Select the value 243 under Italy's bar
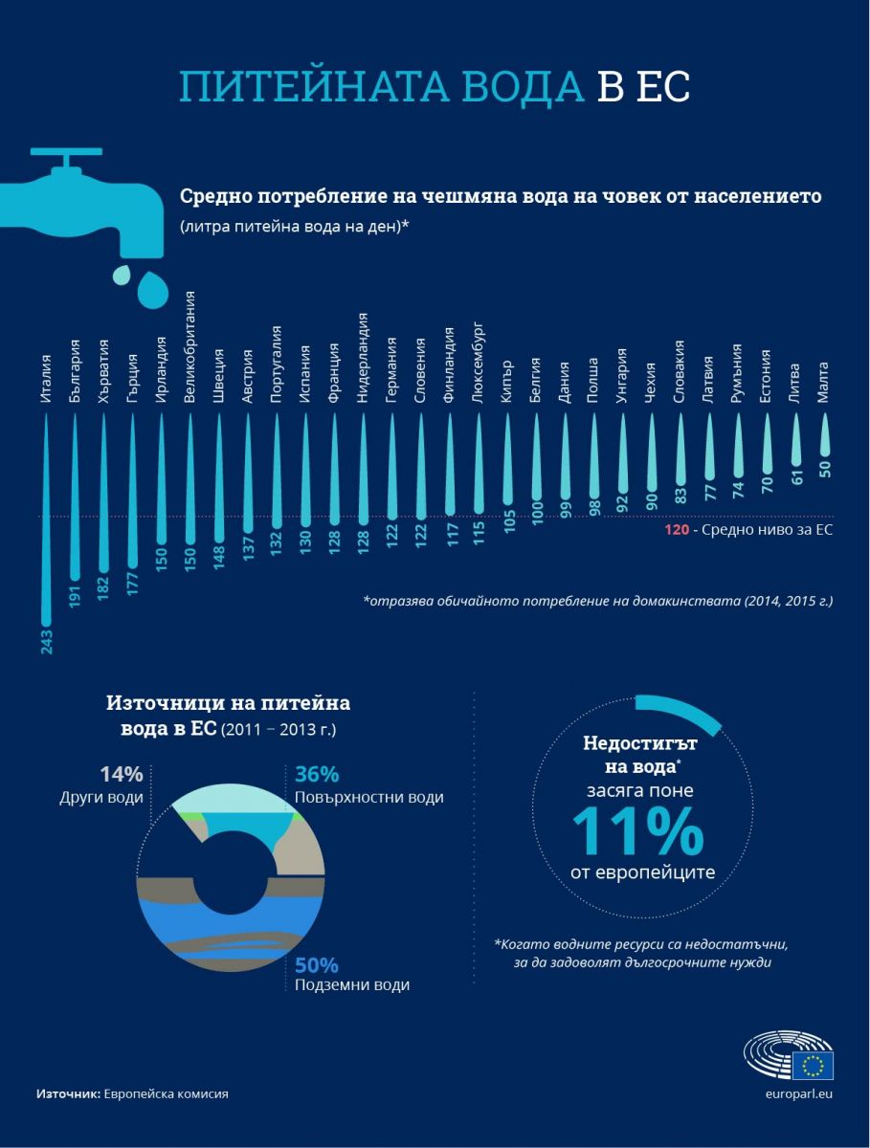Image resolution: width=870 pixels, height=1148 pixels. [x=46, y=641]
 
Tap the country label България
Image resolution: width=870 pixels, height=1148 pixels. [x=76, y=370]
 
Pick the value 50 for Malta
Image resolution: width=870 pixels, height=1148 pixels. [x=823, y=469]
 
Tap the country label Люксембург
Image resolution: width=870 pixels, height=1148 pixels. [x=478, y=363]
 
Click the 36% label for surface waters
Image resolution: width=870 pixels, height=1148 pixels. [x=317, y=775]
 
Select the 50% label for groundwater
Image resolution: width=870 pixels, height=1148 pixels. [x=317, y=965]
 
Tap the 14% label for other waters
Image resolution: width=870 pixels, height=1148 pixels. [x=122, y=775]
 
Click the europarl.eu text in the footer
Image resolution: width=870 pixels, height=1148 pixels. [x=800, y=1093]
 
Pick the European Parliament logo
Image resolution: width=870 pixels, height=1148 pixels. [x=789, y=1054]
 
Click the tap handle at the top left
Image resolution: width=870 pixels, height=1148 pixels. [x=66, y=151]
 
